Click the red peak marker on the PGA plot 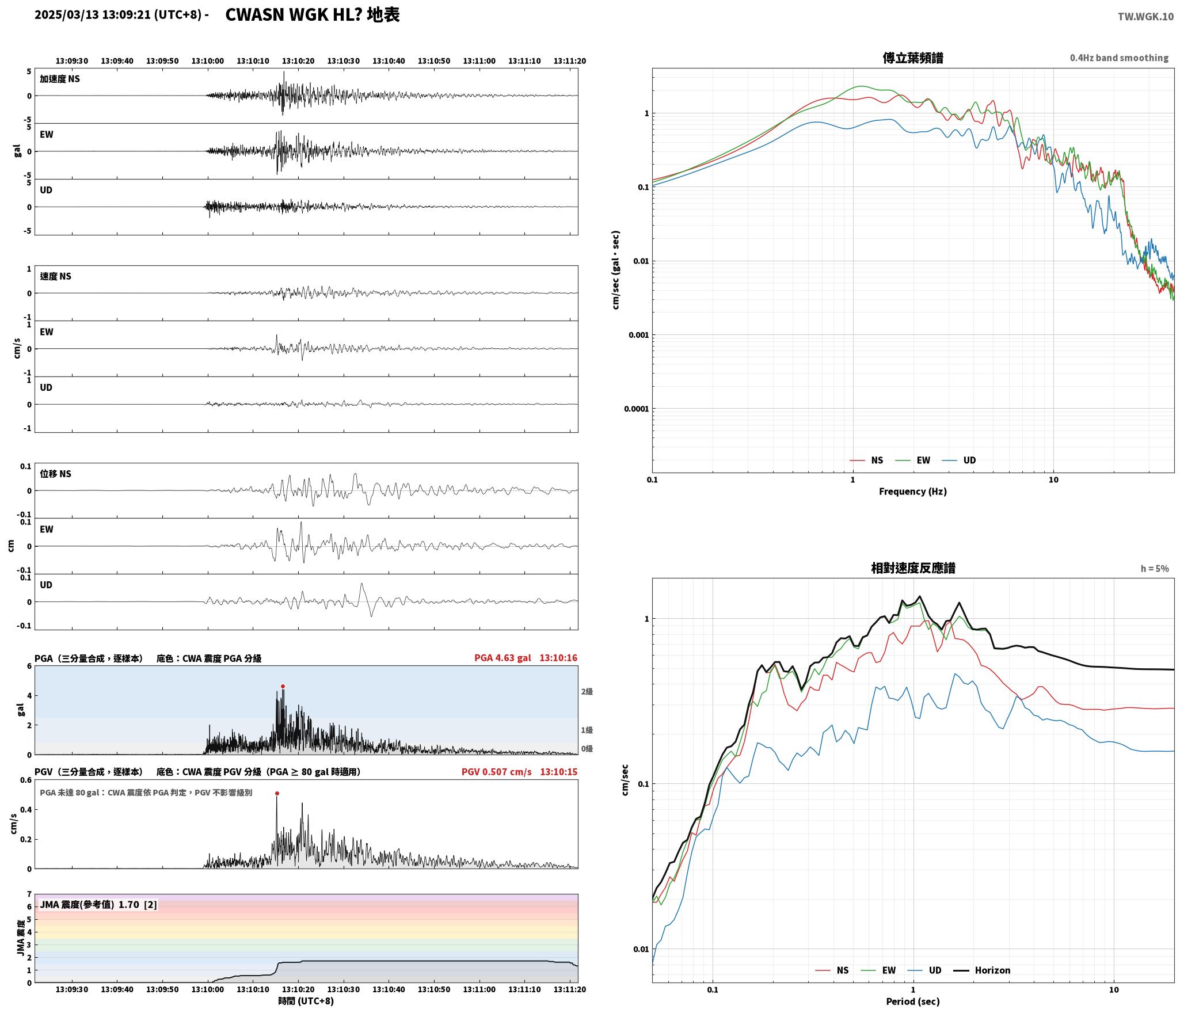pos(283,686)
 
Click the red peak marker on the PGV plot pos(277,793)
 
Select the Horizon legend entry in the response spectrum pos(983,970)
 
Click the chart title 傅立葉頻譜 pos(913,58)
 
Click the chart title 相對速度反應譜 pos(913,568)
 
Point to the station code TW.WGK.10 pos(1145,16)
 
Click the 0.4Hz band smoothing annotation pos(1119,58)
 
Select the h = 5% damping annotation pos(1155,568)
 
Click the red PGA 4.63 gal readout pos(503,657)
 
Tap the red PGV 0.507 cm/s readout pos(496,771)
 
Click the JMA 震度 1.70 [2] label pos(98,904)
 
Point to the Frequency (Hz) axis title pos(913,491)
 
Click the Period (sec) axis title pos(913,1001)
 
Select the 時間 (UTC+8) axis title pos(306,1000)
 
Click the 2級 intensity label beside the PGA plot pos(587,691)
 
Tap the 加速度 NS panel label pos(60,79)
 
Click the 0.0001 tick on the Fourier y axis pos(636,409)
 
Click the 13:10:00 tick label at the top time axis pos(208,60)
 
